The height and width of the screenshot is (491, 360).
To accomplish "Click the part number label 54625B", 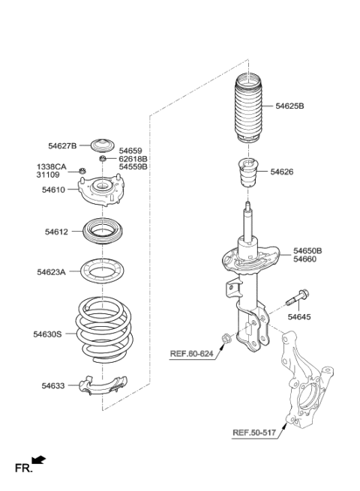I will tap(289, 106).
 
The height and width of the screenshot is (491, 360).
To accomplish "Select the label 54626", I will tap(282, 172).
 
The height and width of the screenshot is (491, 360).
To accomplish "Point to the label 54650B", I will tap(307, 250).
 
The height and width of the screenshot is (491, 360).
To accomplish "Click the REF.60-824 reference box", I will tap(191, 353).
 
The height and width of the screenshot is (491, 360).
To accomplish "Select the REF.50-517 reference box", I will tap(253, 433).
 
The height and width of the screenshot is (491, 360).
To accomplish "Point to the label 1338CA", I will tap(52, 167).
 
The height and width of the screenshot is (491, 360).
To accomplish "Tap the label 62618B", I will tap(133, 159).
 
